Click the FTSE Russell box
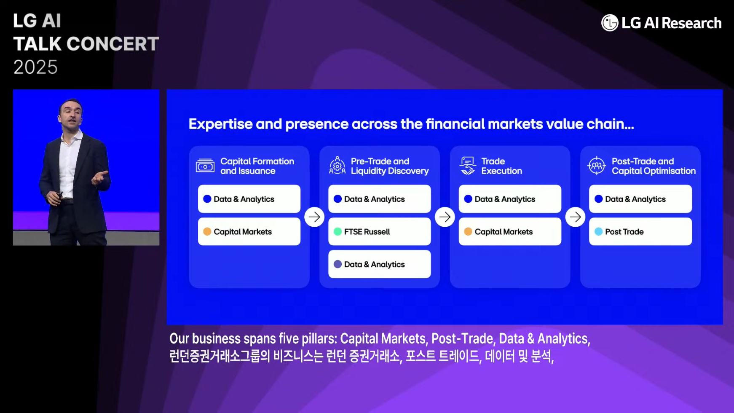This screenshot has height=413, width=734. [379, 231]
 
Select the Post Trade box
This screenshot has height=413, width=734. [640, 231]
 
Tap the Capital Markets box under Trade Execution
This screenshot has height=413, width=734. [510, 231]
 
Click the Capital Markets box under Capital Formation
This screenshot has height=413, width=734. [249, 231]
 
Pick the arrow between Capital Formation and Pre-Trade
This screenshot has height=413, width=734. [314, 217]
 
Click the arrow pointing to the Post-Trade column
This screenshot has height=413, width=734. [575, 217]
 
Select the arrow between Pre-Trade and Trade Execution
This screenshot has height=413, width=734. [445, 217]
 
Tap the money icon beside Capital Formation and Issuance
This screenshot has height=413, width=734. [205, 166]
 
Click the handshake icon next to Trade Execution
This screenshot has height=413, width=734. [467, 166]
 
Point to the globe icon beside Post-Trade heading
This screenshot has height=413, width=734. [597, 166]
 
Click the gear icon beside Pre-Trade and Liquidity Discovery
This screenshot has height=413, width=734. [337, 165]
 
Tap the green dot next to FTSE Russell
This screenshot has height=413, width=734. [338, 231]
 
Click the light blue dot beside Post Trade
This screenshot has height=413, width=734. [598, 231]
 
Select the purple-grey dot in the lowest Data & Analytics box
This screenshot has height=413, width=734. [338, 264]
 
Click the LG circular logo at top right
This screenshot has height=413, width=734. [610, 23]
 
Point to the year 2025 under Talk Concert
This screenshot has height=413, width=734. [35, 67]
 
